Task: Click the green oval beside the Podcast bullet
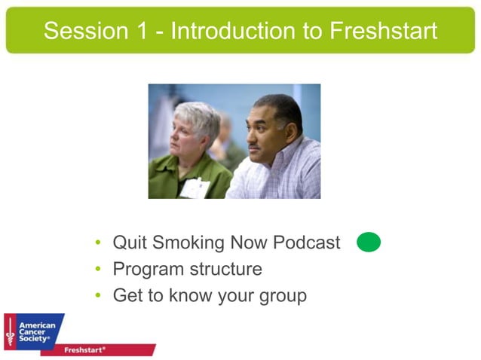click(x=369, y=243)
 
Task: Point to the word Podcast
click(x=306, y=243)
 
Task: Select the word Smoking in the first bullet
click(x=188, y=243)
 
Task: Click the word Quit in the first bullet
click(x=129, y=243)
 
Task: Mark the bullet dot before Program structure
click(x=98, y=270)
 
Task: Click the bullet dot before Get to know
click(x=98, y=296)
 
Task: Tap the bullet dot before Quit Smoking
click(x=98, y=243)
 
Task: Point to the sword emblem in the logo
click(x=11, y=332)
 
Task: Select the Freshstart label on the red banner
click(x=84, y=350)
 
